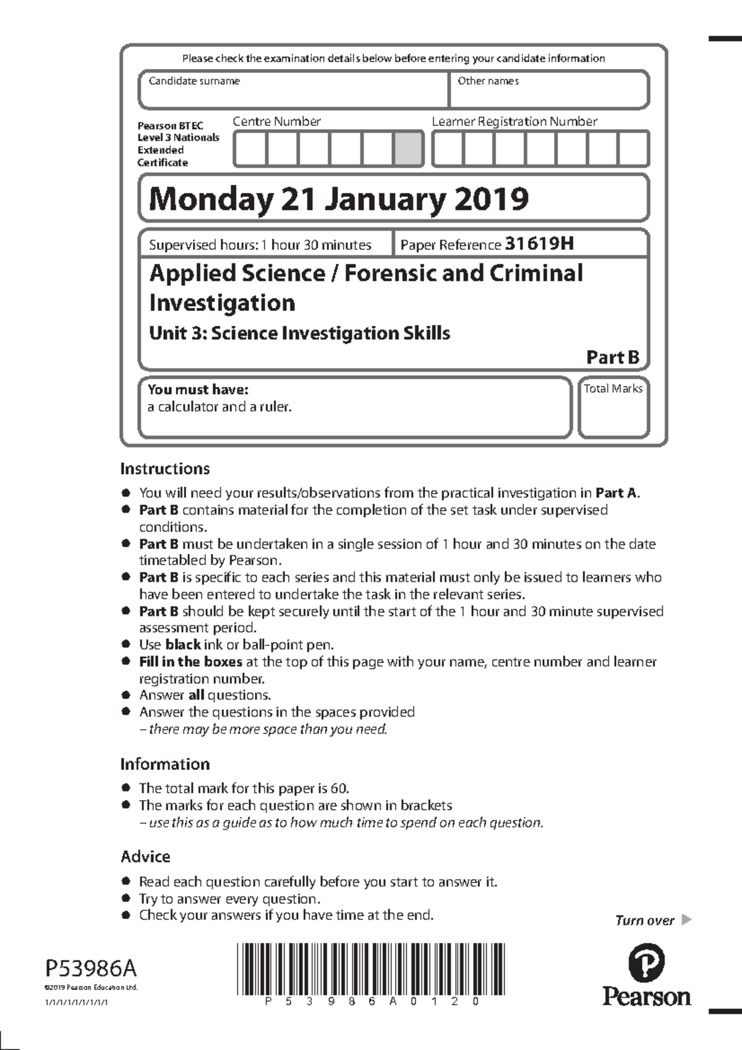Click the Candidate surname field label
pos(194,81)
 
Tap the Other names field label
pos(488,81)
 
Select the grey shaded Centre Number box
pos(408,149)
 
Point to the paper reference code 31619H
pos(539,244)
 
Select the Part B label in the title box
pos(612,357)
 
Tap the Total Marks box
pos(613,408)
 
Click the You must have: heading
pos(198,390)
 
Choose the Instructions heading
pos(165,469)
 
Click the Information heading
pos(165,764)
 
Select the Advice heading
pos(145,857)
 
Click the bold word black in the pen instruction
pos(182,645)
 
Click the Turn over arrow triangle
pos(686,920)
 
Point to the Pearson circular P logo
pos(646,963)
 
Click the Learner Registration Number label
pos(514,122)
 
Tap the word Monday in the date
pos(210,199)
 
